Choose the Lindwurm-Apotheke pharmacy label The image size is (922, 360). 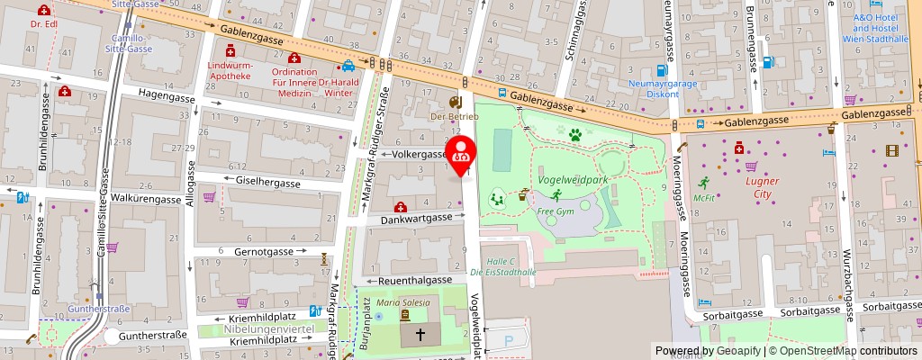(x=229, y=71)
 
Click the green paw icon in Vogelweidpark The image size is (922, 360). (x=574, y=135)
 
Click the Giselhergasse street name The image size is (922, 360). (x=267, y=183)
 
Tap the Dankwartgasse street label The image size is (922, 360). (x=415, y=218)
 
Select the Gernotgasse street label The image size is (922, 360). (x=265, y=252)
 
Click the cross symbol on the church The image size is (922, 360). (x=420, y=334)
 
